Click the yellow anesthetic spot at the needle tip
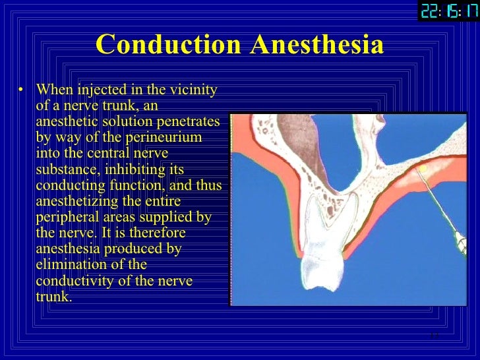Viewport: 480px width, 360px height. (x=422, y=170)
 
